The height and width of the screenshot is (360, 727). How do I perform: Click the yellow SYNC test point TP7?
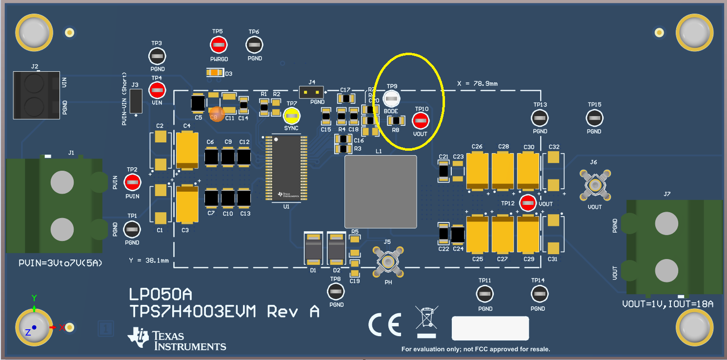point(292,116)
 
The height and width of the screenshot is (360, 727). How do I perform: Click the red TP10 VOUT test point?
point(421,120)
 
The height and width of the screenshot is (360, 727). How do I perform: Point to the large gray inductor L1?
point(381,192)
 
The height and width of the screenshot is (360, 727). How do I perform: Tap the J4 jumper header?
point(312,92)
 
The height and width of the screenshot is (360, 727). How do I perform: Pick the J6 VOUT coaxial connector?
point(594,185)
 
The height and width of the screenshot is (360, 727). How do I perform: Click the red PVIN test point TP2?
point(132,182)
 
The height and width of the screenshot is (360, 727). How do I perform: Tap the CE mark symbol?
point(384,324)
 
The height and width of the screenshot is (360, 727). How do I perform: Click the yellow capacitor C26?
point(477,171)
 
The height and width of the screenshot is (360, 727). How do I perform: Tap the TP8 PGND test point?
point(335,292)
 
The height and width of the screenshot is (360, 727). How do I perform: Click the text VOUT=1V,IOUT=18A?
point(667,304)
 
